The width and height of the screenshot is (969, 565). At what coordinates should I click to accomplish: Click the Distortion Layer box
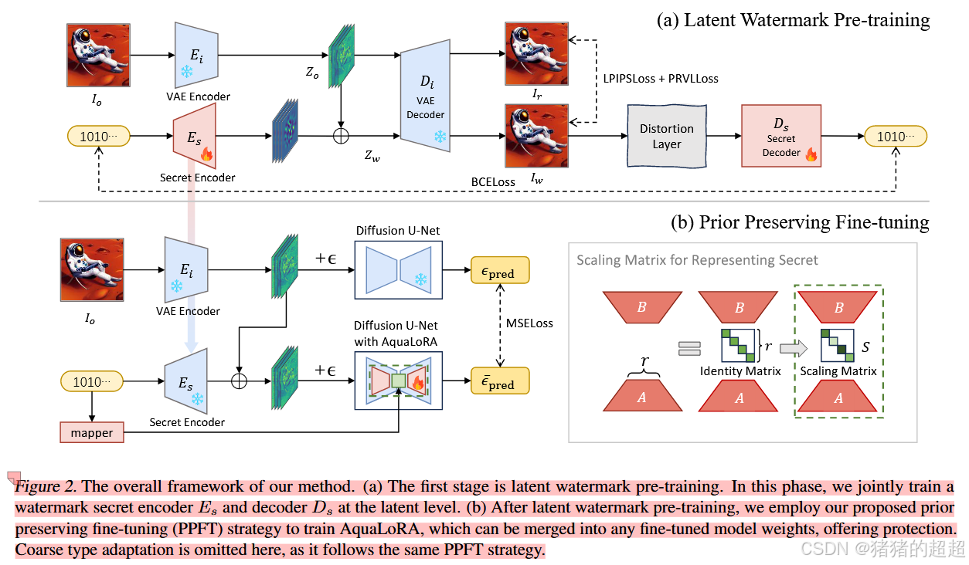(x=666, y=136)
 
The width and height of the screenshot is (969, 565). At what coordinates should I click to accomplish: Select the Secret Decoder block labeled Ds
(x=780, y=136)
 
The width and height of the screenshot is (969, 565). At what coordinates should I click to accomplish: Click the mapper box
(x=91, y=433)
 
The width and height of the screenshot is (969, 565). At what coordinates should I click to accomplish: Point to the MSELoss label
(x=529, y=323)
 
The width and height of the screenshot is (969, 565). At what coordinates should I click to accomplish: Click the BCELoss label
(x=493, y=182)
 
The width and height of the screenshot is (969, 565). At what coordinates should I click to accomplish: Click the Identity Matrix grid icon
(x=739, y=345)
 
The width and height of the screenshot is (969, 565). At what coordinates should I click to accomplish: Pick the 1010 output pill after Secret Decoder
(x=895, y=136)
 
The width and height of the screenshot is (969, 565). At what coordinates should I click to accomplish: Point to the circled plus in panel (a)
(x=341, y=136)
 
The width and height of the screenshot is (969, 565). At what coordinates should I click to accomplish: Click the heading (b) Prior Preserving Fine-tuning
(x=801, y=222)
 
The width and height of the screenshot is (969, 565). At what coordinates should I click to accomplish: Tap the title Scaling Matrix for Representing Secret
(x=697, y=260)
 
